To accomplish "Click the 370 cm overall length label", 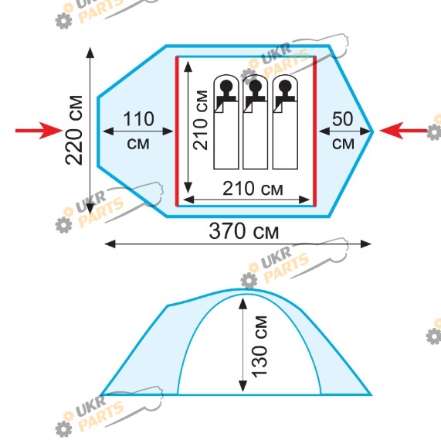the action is click(x=243, y=231).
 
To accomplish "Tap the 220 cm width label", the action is click(x=74, y=130).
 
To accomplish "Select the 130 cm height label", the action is click(x=259, y=346).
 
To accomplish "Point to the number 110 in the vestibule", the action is click(x=139, y=119).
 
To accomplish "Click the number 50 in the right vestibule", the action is click(x=343, y=119).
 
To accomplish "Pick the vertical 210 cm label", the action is click(x=200, y=120).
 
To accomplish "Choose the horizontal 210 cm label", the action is click(x=253, y=189).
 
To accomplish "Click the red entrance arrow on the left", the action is click(x=39, y=131).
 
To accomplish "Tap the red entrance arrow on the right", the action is click(x=403, y=131).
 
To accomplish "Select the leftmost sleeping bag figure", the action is click(x=226, y=122).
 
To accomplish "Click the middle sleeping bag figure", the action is click(x=256, y=122).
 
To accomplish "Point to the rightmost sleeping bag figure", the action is click(x=285, y=122).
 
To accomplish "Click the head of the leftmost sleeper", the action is click(x=226, y=85).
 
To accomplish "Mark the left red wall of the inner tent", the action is click(x=177, y=131).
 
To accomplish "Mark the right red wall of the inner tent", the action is click(x=314, y=131).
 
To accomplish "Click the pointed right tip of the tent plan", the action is click(x=373, y=131).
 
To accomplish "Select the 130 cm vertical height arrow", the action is click(x=243, y=345).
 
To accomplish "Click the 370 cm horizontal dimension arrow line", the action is click(x=238, y=244).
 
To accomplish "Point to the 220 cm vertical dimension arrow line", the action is click(x=90, y=130).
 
